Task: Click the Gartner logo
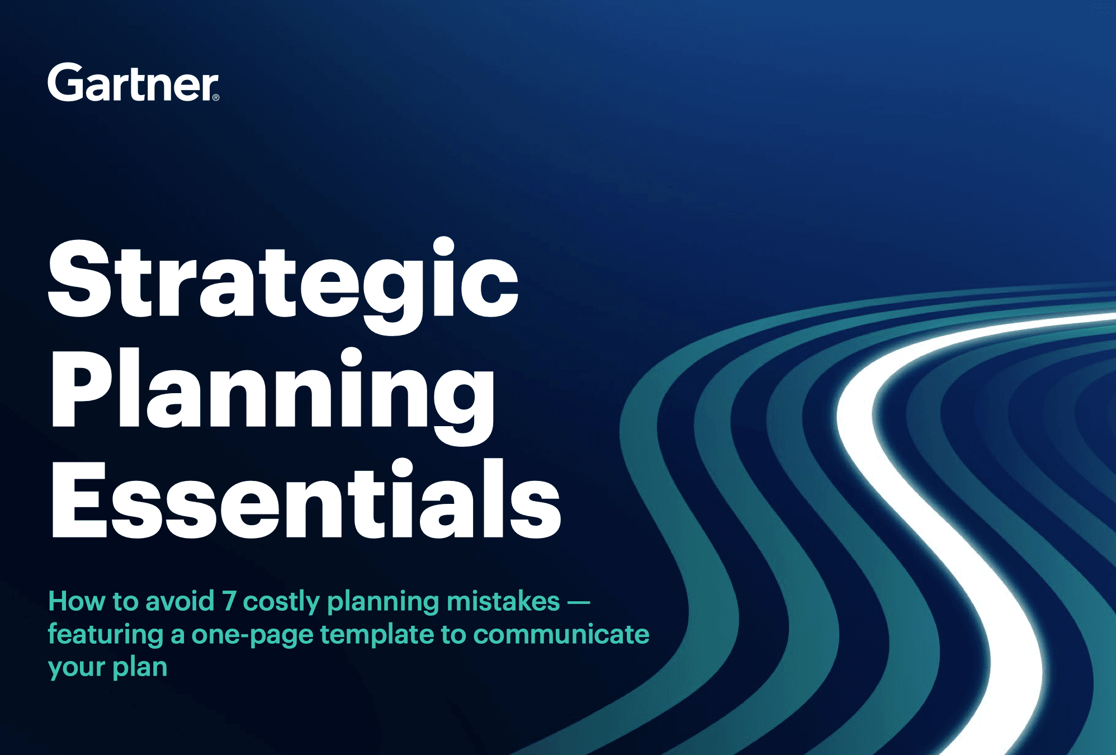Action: tap(133, 83)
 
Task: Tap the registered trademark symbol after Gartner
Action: tap(216, 97)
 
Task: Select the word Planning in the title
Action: tap(273, 391)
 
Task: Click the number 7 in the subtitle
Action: tap(229, 601)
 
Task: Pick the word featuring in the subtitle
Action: tap(105, 635)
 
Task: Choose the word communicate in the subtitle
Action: tap(561, 634)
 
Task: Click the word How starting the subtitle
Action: tap(77, 601)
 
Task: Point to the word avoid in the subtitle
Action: tap(180, 601)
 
